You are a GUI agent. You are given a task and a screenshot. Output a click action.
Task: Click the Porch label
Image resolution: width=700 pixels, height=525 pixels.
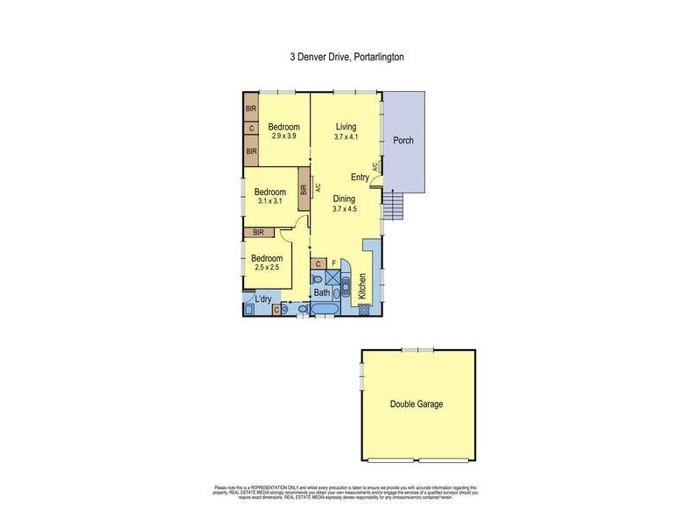pyautogui.click(x=402, y=141)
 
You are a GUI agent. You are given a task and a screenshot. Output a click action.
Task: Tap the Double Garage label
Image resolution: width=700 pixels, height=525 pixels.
pyautogui.click(x=416, y=404)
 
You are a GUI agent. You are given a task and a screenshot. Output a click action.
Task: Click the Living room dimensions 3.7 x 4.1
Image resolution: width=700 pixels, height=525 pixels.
pyautogui.click(x=346, y=136)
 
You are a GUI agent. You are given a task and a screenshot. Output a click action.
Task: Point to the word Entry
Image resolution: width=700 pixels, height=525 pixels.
pyautogui.click(x=360, y=177)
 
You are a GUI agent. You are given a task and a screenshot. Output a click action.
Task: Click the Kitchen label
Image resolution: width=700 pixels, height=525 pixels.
pyautogui.click(x=363, y=288)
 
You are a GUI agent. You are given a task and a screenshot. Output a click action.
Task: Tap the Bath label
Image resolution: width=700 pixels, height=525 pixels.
pyautogui.click(x=322, y=293)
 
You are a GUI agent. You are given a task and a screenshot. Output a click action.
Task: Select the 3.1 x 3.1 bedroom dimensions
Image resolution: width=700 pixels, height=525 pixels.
pyautogui.click(x=270, y=201)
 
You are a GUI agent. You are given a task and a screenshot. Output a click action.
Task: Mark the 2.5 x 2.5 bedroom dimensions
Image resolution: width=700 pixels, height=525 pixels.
pyautogui.click(x=267, y=268)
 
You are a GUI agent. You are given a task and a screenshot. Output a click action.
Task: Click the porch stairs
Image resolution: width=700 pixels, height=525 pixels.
pyautogui.click(x=393, y=206)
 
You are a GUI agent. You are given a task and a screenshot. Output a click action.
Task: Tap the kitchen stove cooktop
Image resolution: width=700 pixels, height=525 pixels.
pyautogui.click(x=363, y=309)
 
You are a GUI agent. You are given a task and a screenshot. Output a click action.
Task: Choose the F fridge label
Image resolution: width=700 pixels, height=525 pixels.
pyautogui.click(x=334, y=262)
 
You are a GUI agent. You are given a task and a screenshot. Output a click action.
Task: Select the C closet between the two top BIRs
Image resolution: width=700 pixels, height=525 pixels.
pyautogui.click(x=251, y=129)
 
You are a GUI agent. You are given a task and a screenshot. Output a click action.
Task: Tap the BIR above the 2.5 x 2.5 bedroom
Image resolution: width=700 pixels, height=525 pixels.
pyautogui.click(x=258, y=232)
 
